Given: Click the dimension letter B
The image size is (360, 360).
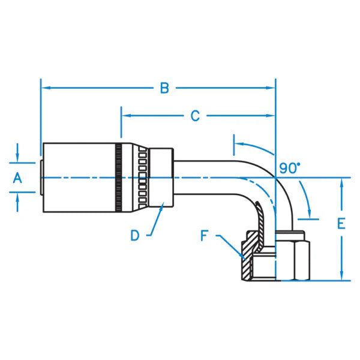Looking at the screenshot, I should pyautogui.click(x=163, y=89).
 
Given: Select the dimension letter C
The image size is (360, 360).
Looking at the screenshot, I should pyautogui.click(x=195, y=116).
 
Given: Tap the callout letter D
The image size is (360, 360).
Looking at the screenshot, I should pyautogui.click(x=136, y=235).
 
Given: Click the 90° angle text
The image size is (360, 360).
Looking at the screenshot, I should pyautogui.click(x=290, y=168).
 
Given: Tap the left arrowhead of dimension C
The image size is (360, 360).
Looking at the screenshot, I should pyautogui.click(x=125, y=116).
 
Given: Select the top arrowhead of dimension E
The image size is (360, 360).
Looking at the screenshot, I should pyautogui.click(x=341, y=182).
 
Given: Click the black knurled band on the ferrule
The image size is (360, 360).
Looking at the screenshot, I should pyautogui.click(x=121, y=178).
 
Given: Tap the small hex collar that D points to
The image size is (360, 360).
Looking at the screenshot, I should pyautogui.click(x=161, y=178).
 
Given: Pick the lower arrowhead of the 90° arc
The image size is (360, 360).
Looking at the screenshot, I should pyautogui.click(x=310, y=214).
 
